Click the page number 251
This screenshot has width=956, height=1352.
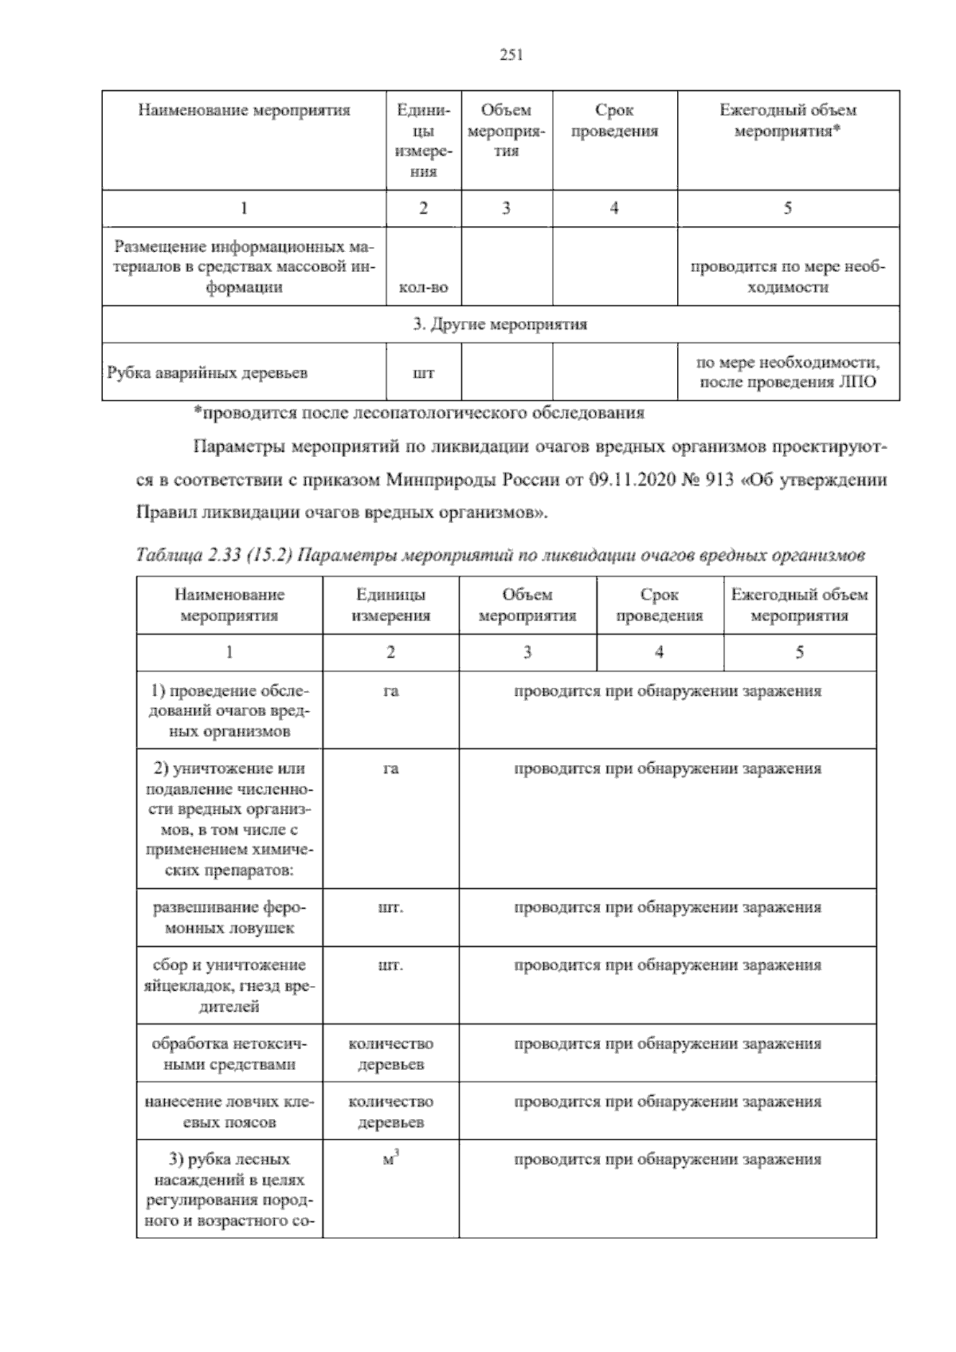(x=510, y=55)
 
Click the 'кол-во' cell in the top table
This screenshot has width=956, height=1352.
(x=423, y=288)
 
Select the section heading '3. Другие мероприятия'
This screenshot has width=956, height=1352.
(x=500, y=324)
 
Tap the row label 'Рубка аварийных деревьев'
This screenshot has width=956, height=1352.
(x=207, y=372)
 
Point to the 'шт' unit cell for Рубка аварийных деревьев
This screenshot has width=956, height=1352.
(x=423, y=372)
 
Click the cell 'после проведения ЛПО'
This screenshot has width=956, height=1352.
(x=788, y=382)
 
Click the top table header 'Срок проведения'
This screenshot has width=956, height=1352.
(x=614, y=120)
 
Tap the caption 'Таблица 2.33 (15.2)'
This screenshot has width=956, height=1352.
(x=215, y=556)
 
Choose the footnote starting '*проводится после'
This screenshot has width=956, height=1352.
(x=420, y=413)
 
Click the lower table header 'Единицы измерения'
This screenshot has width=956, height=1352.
(x=390, y=605)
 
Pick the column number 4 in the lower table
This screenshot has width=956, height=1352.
(x=659, y=652)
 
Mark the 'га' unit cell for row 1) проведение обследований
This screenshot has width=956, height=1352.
(x=390, y=691)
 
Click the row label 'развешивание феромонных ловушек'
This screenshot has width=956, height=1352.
(x=229, y=918)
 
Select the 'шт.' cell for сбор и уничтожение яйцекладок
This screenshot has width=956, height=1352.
(x=390, y=965)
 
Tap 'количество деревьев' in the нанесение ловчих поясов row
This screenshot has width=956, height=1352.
(x=390, y=1112)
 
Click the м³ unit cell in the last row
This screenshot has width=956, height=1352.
(x=390, y=1161)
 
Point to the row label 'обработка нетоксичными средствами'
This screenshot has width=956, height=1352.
(x=229, y=1054)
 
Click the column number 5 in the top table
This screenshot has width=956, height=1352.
(x=787, y=209)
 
